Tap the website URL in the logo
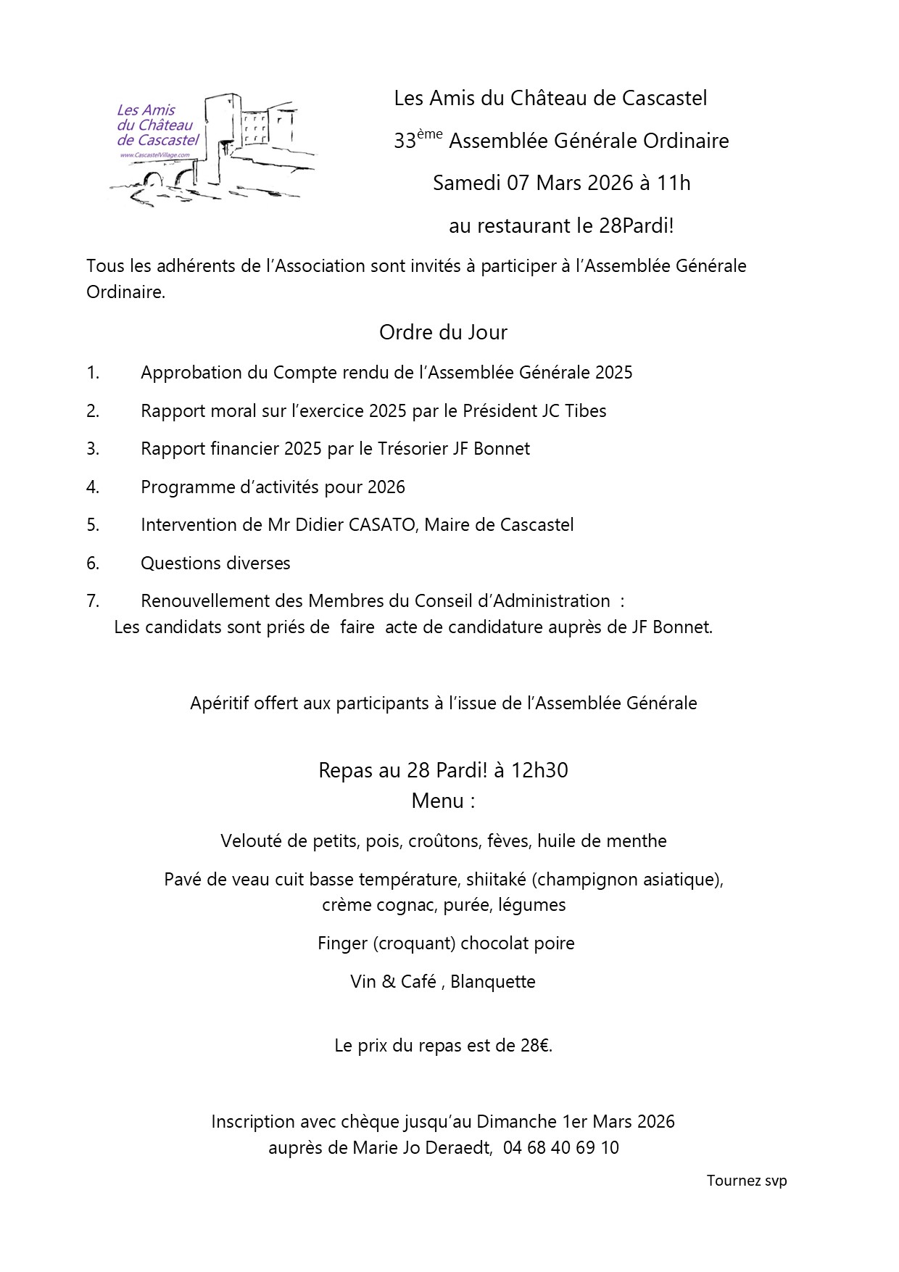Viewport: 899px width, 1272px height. pyautogui.click(x=153, y=155)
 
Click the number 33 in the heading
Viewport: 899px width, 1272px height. pyautogui.click(x=405, y=141)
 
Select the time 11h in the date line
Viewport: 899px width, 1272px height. pyautogui.click(x=673, y=183)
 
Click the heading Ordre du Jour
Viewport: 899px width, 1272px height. pyautogui.click(x=443, y=332)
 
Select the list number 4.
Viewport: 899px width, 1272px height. pyautogui.click(x=93, y=487)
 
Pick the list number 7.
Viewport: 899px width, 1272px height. pyautogui.click(x=93, y=601)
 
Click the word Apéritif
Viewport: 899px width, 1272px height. pyautogui.click(x=219, y=703)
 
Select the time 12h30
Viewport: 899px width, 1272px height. pyautogui.click(x=539, y=770)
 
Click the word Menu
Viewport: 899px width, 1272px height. pyautogui.click(x=437, y=801)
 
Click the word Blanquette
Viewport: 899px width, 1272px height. pyautogui.click(x=493, y=982)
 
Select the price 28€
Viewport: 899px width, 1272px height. pyautogui.click(x=536, y=1046)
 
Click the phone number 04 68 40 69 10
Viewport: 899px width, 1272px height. pyautogui.click(x=561, y=1148)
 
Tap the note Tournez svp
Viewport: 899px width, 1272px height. pyautogui.click(x=747, y=1181)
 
